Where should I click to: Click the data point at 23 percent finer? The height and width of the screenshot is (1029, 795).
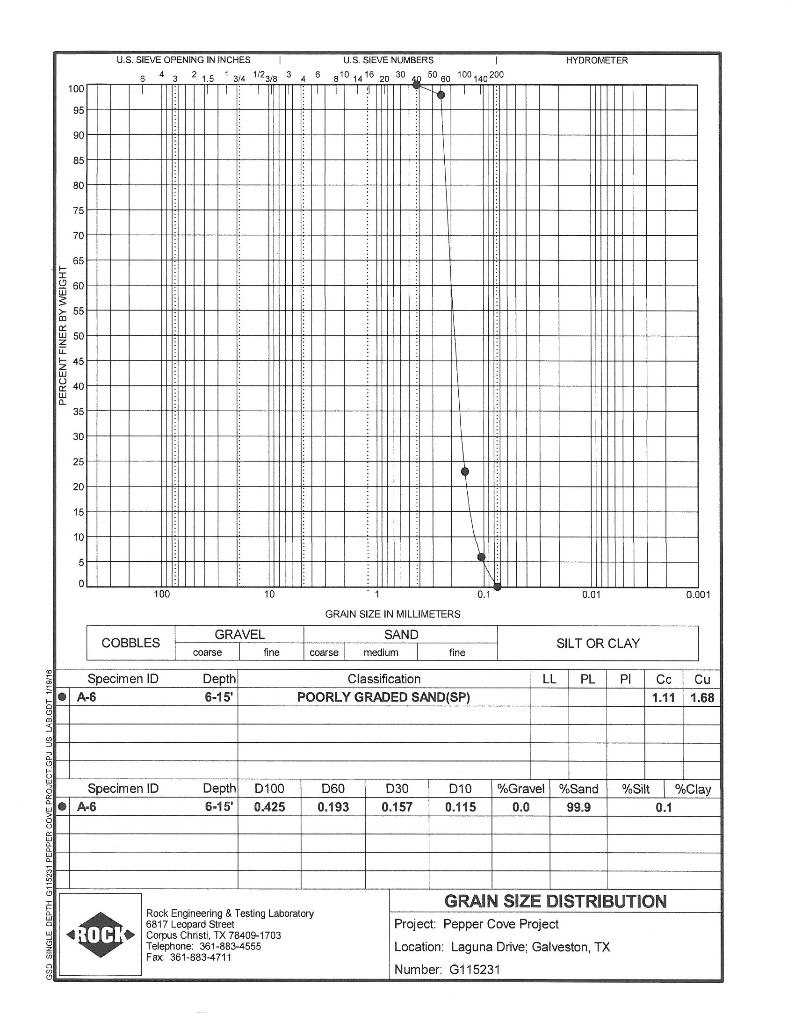pyautogui.click(x=465, y=471)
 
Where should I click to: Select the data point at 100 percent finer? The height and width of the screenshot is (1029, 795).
pyautogui.click(x=416, y=85)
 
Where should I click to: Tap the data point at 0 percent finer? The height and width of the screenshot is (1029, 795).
pyautogui.click(x=498, y=587)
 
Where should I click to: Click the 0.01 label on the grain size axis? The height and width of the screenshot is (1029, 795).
pyautogui.click(x=591, y=594)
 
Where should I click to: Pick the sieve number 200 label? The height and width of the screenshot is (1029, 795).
pyautogui.click(x=496, y=75)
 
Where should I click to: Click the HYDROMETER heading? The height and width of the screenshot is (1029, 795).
pyautogui.click(x=597, y=60)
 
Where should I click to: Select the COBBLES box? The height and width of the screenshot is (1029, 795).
pyautogui.click(x=131, y=643)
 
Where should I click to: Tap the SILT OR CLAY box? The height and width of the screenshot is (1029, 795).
pyautogui.click(x=598, y=643)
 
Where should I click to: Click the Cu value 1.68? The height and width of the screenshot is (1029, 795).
pyautogui.click(x=702, y=698)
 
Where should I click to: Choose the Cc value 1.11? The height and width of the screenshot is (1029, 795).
pyautogui.click(x=663, y=698)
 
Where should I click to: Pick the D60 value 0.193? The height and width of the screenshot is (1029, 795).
pyautogui.click(x=333, y=807)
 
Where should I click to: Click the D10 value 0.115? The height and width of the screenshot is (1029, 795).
pyautogui.click(x=460, y=807)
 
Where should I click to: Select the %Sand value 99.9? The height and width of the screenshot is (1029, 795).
pyautogui.click(x=578, y=808)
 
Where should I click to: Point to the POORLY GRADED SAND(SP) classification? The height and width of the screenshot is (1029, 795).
pyautogui.click(x=383, y=697)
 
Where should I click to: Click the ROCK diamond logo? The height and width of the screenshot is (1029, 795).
pyautogui.click(x=101, y=935)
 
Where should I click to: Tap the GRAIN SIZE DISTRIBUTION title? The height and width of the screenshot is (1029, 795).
pyautogui.click(x=555, y=901)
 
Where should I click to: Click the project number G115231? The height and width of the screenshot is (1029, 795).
pyautogui.click(x=474, y=969)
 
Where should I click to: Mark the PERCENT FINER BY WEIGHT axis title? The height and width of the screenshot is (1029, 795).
pyautogui.click(x=63, y=335)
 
